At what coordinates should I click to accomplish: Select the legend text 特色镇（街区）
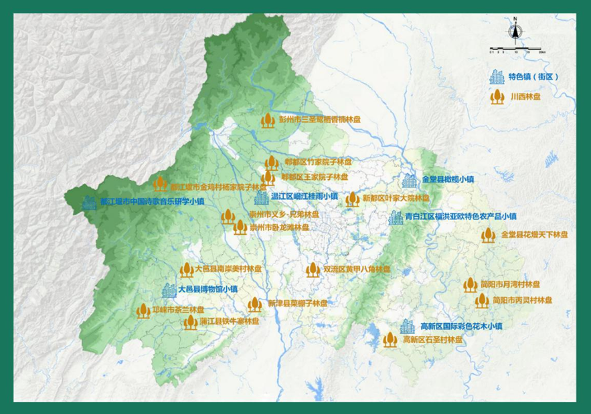pos(533,77)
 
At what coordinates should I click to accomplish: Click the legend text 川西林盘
pos(525,96)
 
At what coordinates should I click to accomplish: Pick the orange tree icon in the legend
pos(497,96)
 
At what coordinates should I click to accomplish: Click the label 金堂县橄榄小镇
pos(448,179)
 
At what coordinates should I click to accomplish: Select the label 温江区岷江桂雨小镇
pos(305,197)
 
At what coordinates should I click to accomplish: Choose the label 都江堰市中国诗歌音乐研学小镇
pos(152,201)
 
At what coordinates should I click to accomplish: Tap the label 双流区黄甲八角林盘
pos(357,270)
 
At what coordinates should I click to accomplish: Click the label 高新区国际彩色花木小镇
pos(461,326)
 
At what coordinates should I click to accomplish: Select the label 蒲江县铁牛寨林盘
pos(230,322)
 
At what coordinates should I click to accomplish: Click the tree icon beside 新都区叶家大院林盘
pos(353,199)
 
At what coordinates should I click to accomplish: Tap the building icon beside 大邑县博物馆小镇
pos(168,290)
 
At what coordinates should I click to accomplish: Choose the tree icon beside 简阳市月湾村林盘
pos(470,286)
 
